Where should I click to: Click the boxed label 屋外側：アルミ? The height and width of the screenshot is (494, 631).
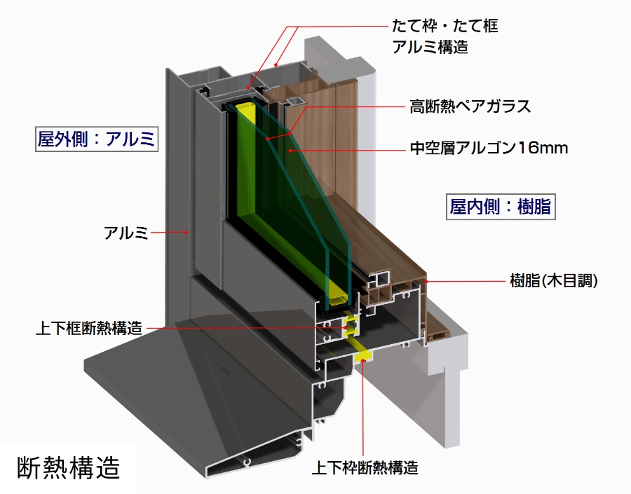pos(97,139)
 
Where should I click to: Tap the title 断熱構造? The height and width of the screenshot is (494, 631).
pos(67,466)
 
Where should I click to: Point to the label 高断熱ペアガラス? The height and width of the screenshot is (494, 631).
pos(470,107)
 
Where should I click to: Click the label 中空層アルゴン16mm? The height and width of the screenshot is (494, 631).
pos(488,149)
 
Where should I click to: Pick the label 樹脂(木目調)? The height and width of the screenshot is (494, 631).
pos(554,281)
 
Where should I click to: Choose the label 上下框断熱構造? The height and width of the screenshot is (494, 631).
pos(88,327)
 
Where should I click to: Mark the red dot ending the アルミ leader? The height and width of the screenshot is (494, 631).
pos(188,232)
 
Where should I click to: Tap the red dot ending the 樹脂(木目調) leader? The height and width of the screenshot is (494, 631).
pos(427,281)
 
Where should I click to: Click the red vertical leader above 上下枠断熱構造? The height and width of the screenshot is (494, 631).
pos(362,406)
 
